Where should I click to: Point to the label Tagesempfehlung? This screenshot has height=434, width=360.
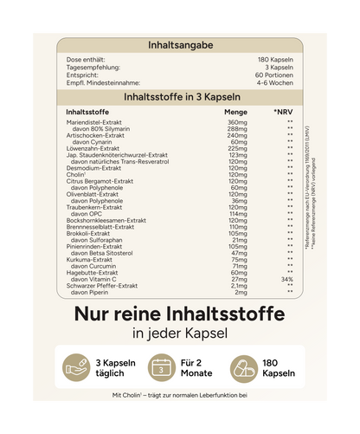(92, 66)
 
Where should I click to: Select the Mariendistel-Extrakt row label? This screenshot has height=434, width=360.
(94, 123)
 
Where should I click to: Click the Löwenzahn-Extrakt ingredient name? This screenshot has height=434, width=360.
(94, 148)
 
